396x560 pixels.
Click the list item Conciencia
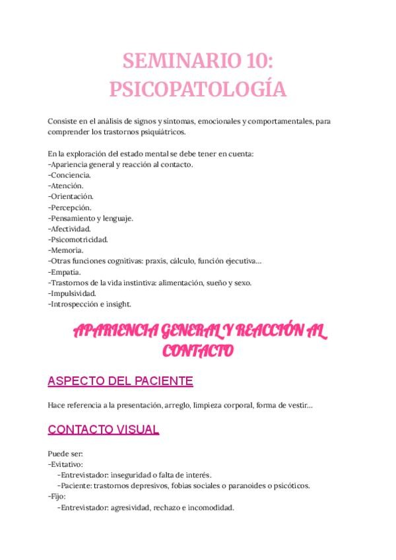pos(71,175)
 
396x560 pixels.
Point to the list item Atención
pos(67,186)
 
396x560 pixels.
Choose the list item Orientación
pos(71,196)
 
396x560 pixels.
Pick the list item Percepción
pos(71,207)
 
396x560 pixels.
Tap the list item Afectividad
pos(71,228)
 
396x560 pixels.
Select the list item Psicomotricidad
pos(79,239)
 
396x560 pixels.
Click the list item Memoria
pos(67,250)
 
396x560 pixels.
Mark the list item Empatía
pos(66,271)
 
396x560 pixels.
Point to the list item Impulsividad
pos(73,293)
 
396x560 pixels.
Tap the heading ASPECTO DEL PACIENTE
pos(121,381)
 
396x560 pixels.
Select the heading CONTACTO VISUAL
pos(104,430)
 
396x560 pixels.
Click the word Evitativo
pos(65,464)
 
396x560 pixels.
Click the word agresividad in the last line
pos(131,508)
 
